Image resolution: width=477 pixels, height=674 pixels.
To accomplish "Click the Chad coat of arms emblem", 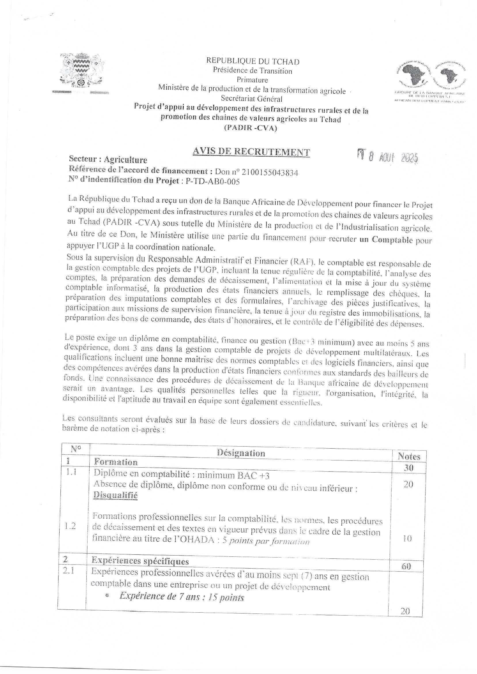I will point(82,71).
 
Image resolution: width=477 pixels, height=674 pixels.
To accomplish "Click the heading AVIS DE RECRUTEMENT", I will point(251,152).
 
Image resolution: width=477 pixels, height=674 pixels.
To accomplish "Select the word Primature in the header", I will point(252,80).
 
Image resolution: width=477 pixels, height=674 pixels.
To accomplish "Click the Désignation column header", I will point(241,453).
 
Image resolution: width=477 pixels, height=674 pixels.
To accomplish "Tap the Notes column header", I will point(409,456).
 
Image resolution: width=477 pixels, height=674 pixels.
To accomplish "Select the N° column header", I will point(76,449).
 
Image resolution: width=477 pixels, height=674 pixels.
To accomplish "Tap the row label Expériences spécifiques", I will point(140,561).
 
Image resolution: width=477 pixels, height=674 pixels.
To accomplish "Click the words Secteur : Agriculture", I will point(108,160).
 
